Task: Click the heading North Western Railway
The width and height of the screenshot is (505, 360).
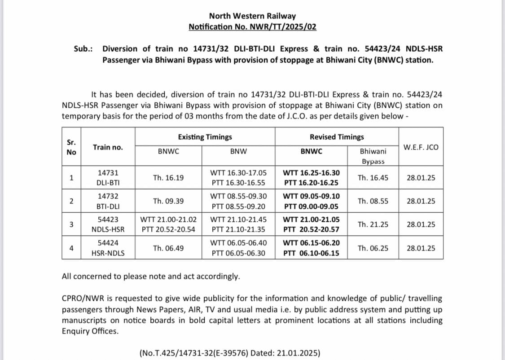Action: point(252,16)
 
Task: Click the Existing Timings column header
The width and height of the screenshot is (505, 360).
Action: point(205,137)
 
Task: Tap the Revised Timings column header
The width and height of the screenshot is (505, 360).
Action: point(337,137)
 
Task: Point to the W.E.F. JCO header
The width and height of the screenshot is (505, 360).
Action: point(421,147)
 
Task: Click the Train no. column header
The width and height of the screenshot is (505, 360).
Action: point(108,147)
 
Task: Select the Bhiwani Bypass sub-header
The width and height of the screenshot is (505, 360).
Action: point(373,156)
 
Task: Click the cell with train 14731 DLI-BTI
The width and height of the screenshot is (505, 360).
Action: point(108,178)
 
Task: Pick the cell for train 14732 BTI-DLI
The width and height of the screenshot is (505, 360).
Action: point(108,201)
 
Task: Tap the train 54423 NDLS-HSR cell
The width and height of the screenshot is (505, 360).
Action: point(108,224)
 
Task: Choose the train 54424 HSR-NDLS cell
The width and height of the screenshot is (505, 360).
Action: point(108,248)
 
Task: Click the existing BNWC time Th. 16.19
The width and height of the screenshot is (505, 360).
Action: point(168,178)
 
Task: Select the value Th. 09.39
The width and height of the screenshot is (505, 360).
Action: point(168,201)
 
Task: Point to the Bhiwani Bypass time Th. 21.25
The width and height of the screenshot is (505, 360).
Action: point(373,224)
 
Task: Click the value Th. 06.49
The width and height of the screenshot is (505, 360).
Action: point(168,248)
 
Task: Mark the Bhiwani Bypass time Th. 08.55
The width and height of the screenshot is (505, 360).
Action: point(373,201)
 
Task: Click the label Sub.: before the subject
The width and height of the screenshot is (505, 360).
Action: point(83,49)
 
